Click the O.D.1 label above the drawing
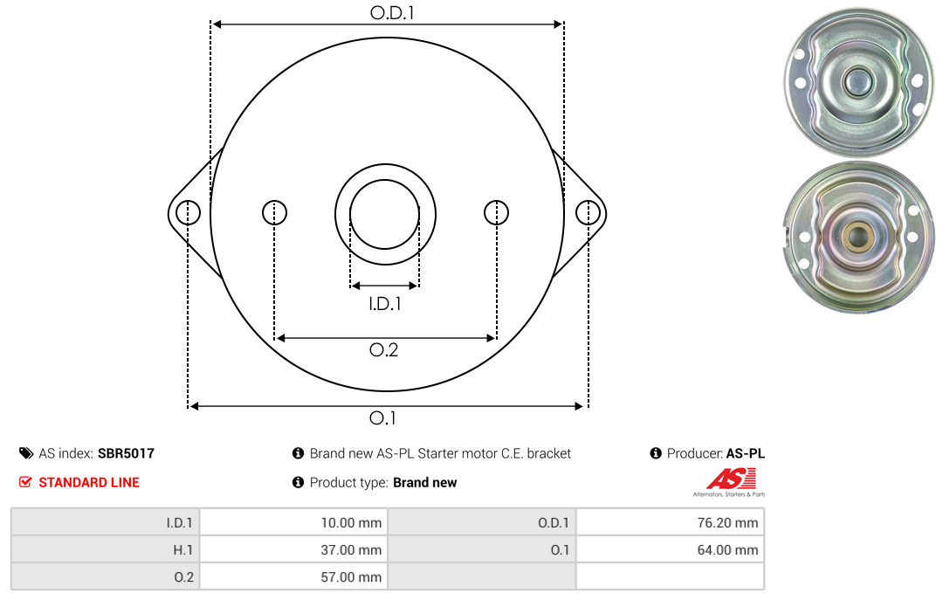(392, 12)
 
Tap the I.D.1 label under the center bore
(385, 304)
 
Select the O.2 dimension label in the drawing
(383, 349)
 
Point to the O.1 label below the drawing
(382, 417)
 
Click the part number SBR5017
(126, 453)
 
